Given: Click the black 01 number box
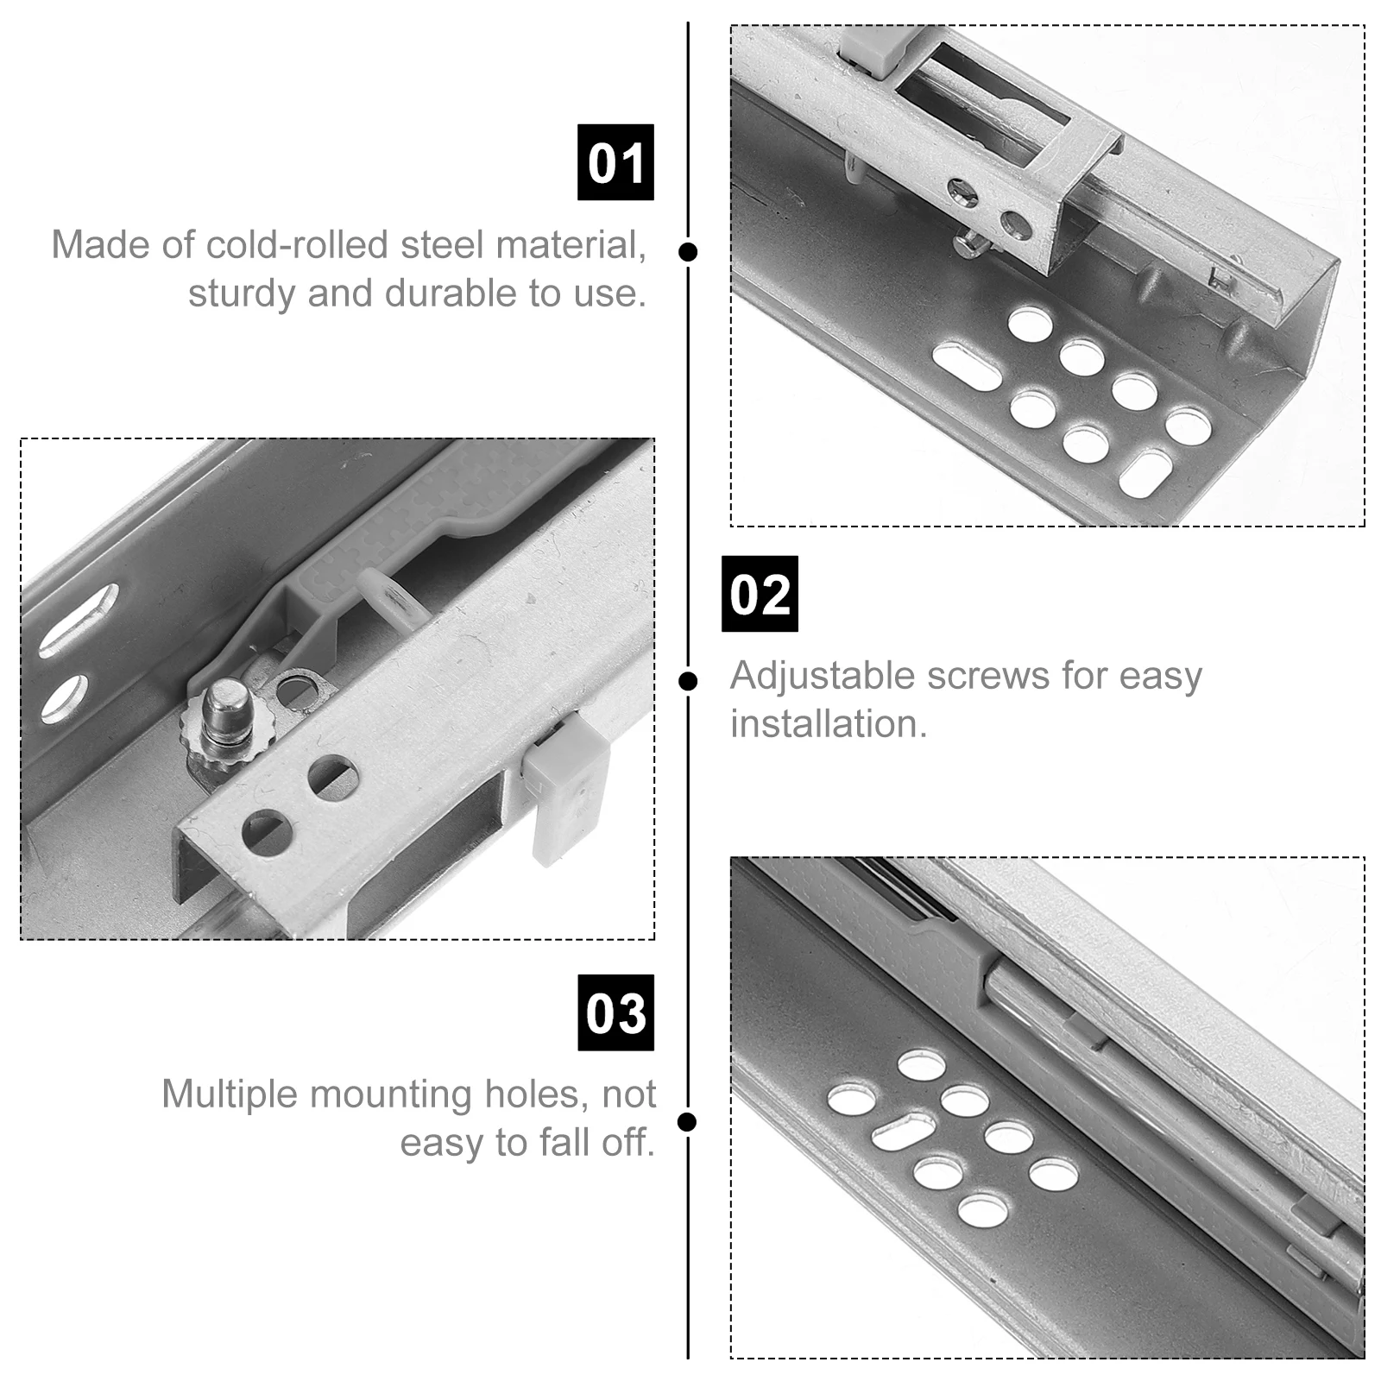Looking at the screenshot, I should pyautogui.click(x=615, y=162).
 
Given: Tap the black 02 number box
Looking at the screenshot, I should pyautogui.click(x=760, y=594).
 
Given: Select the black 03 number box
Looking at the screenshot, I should pyautogui.click(x=615, y=1012).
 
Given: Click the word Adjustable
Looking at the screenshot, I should pyautogui.click(x=823, y=676).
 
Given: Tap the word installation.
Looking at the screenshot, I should pyautogui.click(x=828, y=724).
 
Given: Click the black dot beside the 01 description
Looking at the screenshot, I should pyautogui.click(x=688, y=252).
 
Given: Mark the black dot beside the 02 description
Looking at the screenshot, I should pyautogui.click(x=688, y=682).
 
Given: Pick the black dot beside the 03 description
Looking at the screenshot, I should pyautogui.click(x=688, y=1122).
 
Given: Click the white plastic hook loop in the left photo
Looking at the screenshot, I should pyautogui.click(x=390, y=596).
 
